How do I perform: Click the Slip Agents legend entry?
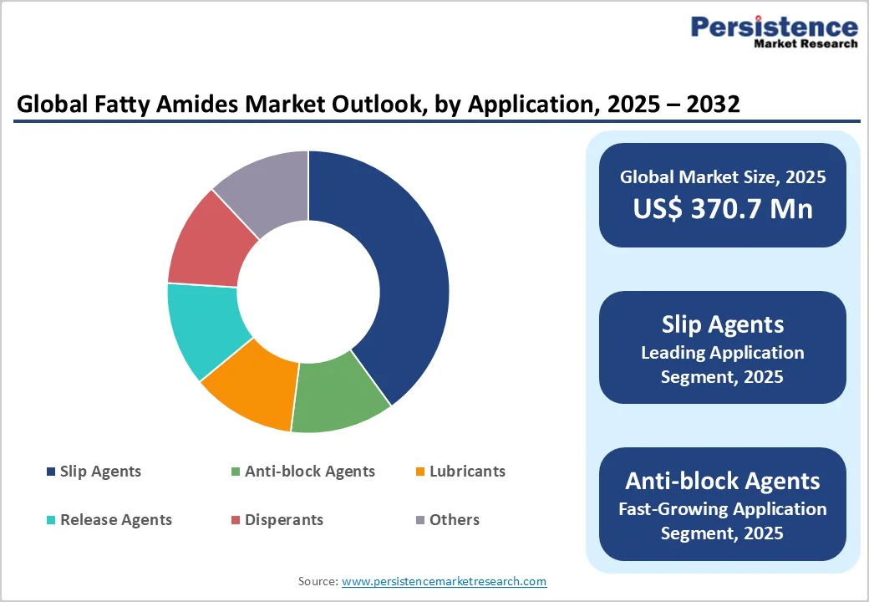click(x=100, y=472)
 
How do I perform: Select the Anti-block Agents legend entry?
click(x=309, y=472)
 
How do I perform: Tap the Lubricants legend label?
click(x=467, y=472)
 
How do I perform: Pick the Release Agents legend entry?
click(x=116, y=520)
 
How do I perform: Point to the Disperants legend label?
click(x=283, y=520)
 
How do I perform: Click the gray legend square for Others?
click(x=420, y=520)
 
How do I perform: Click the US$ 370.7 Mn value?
click(x=723, y=208)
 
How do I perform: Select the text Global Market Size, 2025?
click(x=723, y=177)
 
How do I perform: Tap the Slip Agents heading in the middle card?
click(x=723, y=324)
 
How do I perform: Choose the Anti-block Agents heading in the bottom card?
click(x=723, y=481)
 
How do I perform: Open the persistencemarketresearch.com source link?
click(x=444, y=581)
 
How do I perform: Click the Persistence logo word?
click(x=774, y=27)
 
